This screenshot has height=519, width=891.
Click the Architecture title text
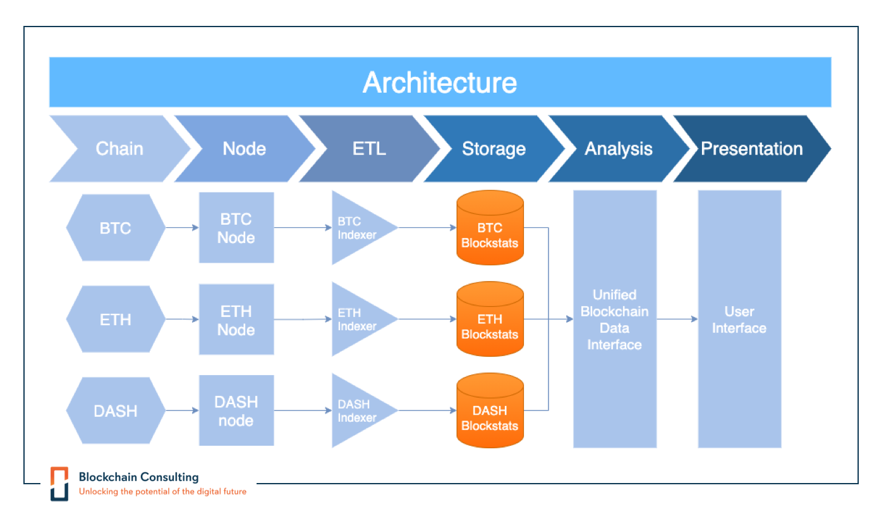click(440, 83)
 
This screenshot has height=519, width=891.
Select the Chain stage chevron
click(119, 149)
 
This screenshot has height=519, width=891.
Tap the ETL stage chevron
click(369, 149)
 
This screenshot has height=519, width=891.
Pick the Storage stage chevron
click(494, 149)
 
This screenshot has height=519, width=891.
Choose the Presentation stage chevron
click(751, 149)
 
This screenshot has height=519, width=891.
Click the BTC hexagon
click(116, 228)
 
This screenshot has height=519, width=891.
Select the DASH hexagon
click(116, 411)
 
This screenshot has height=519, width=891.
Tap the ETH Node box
click(236, 320)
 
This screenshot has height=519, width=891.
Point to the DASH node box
click(236, 411)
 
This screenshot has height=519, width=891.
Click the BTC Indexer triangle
click(358, 228)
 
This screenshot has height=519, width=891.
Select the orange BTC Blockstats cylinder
click(490, 228)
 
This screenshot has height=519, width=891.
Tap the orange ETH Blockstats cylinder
click(490, 320)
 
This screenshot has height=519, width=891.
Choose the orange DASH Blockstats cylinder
click(490, 412)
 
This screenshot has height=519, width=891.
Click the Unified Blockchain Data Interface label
click(614, 319)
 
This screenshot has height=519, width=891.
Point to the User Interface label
click(739, 319)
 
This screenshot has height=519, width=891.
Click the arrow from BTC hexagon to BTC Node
click(182, 228)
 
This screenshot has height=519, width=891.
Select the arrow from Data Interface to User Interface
click(677, 319)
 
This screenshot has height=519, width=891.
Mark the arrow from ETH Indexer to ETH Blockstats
click(427, 319)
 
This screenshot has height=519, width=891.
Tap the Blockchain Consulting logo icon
click(59, 483)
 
